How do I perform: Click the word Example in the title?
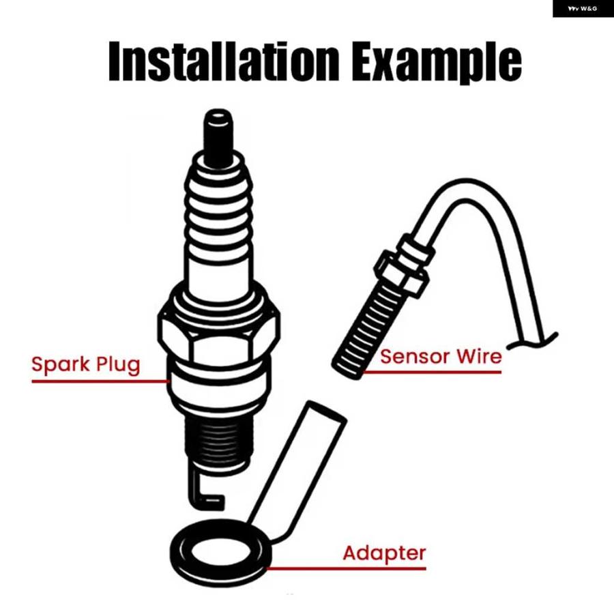tap(436, 63)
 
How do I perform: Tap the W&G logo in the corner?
tap(583, 9)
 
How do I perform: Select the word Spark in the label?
tap(61, 365)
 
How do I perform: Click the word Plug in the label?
tap(118, 365)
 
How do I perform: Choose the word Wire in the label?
tap(480, 356)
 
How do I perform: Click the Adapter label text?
tap(384, 554)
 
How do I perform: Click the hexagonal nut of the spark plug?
tap(218, 335)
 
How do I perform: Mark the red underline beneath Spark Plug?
tap(100, 381)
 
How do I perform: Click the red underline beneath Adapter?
tap(346, 568)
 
